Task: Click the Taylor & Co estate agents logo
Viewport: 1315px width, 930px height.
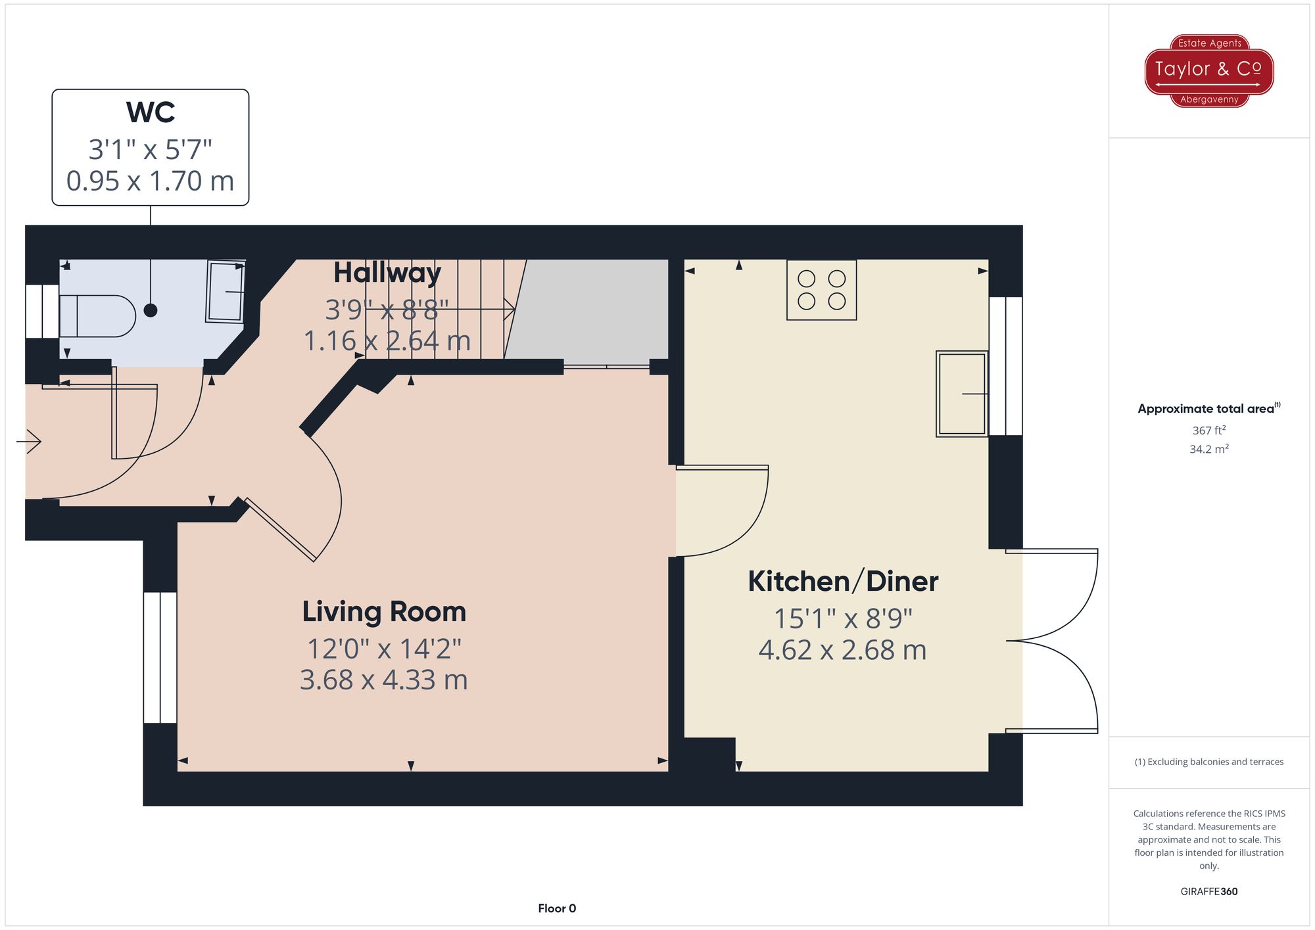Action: click(1208, 70)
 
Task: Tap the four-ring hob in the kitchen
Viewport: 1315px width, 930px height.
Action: click(821, 290)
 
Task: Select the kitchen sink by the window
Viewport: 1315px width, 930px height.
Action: click(962, 394)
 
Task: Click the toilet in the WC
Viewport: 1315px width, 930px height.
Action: click(97, 316)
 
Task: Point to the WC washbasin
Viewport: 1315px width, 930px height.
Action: click(226, 292)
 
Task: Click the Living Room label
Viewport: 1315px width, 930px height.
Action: click(384, 612)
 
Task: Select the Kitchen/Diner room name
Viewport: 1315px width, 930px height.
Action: click(843, 582)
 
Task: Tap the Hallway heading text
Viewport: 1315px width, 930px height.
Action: click(387, 273)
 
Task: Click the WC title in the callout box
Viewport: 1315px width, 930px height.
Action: click(151, 112)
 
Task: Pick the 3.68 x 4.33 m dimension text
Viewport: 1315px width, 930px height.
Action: click(384, 680)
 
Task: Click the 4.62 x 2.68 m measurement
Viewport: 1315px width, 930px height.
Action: click(843, 651)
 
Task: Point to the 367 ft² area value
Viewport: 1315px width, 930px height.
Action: click(1208, 430)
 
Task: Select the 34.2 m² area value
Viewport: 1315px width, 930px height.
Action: click(1208, 450)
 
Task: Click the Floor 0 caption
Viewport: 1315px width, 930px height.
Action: click(556, 908)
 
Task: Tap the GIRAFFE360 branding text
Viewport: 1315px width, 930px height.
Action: click(1208, 892)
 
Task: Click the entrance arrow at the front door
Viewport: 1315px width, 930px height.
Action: click(29, 442)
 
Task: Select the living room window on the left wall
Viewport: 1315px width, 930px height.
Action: click(160, 657)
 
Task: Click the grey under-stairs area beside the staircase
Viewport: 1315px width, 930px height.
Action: click(592, 309)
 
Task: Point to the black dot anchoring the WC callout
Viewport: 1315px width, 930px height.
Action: click(151, 310)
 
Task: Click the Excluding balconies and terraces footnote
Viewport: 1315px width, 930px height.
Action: click(1208, 762)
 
